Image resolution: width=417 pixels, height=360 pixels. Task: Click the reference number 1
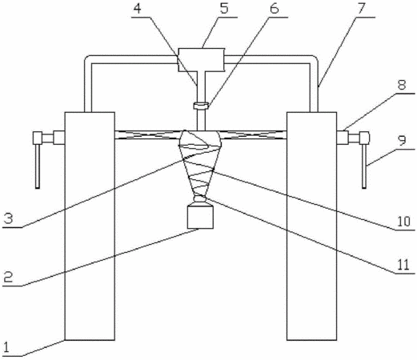6,348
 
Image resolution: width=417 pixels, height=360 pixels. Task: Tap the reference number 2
8,278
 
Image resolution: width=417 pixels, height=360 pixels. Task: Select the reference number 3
8,218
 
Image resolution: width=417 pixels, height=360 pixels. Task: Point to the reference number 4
138,9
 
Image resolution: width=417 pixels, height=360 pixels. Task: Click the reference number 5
224,8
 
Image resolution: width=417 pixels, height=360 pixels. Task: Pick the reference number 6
275,8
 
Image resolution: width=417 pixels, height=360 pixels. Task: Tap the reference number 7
361,8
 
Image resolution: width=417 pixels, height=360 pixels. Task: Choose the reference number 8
402,85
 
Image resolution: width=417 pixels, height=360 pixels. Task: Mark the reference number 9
403,140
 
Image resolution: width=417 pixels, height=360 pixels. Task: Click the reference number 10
403,221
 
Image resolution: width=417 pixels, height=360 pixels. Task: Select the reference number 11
403,265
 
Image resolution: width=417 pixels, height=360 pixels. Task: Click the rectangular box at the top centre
201,60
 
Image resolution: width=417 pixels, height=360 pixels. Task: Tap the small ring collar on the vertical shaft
201,106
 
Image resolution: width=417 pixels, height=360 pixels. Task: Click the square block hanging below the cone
200,217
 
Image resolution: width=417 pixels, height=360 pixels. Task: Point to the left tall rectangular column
90,226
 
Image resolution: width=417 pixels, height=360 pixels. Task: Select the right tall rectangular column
311,226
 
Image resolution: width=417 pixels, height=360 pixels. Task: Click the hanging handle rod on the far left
38,166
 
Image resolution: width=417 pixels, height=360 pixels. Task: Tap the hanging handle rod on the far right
364,166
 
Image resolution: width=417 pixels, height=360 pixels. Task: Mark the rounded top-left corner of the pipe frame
87,58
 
